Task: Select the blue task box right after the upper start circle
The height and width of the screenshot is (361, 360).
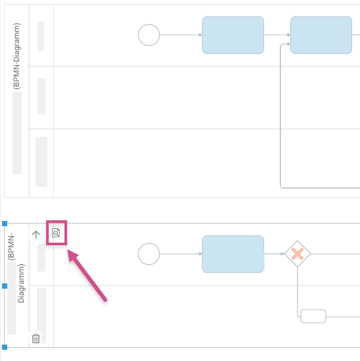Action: [233, 35]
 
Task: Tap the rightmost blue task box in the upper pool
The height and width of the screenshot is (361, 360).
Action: [321, 35]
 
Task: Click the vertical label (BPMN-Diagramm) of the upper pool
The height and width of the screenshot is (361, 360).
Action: [16, 56]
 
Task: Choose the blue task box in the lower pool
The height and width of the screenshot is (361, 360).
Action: [233, 254]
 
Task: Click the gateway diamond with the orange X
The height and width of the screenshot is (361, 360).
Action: [297, 254]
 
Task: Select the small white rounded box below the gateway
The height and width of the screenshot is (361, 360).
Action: [313, 316]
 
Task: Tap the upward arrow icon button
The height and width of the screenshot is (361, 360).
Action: [36, 234]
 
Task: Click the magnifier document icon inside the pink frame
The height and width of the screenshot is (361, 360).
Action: [56, 233]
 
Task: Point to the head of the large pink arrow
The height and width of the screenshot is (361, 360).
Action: [68, 251]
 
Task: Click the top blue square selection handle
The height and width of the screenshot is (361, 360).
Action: [5, 224]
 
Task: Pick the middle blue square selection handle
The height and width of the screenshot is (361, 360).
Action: [5, 286]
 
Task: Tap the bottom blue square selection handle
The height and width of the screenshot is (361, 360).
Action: [5, 347]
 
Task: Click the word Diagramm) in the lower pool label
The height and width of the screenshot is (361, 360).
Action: [21, 283]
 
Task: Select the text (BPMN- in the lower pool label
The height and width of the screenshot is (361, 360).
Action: [11, 247]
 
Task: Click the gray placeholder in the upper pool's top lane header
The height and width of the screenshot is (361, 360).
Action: [41, 36]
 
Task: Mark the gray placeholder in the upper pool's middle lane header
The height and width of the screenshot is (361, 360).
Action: [41, 96]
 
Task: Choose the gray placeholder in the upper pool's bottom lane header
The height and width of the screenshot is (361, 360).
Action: [41, 162]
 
